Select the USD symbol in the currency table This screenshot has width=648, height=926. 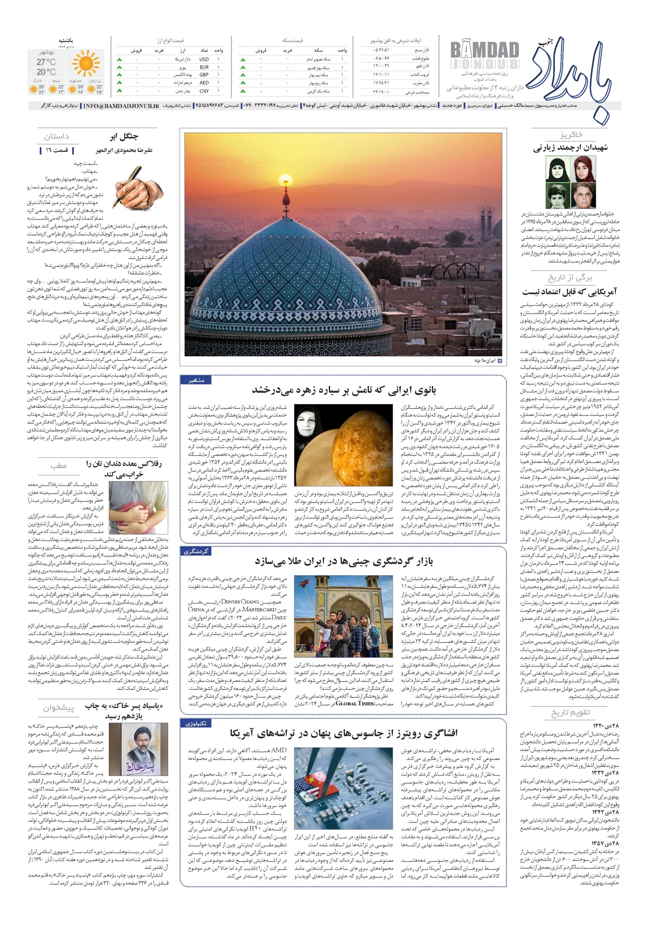[x=204, y=59]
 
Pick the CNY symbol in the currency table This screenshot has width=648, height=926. [x=204, y=91]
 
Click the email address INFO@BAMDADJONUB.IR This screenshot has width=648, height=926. [x=121, y=106]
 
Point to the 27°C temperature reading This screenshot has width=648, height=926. [x=46, y=62]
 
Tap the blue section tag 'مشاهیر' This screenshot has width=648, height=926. [x=196, y=380]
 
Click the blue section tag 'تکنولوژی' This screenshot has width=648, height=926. [x=196, y=723]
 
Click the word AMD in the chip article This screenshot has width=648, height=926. [x=279, y=750]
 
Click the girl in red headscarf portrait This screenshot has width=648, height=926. [x=583, y=168]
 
